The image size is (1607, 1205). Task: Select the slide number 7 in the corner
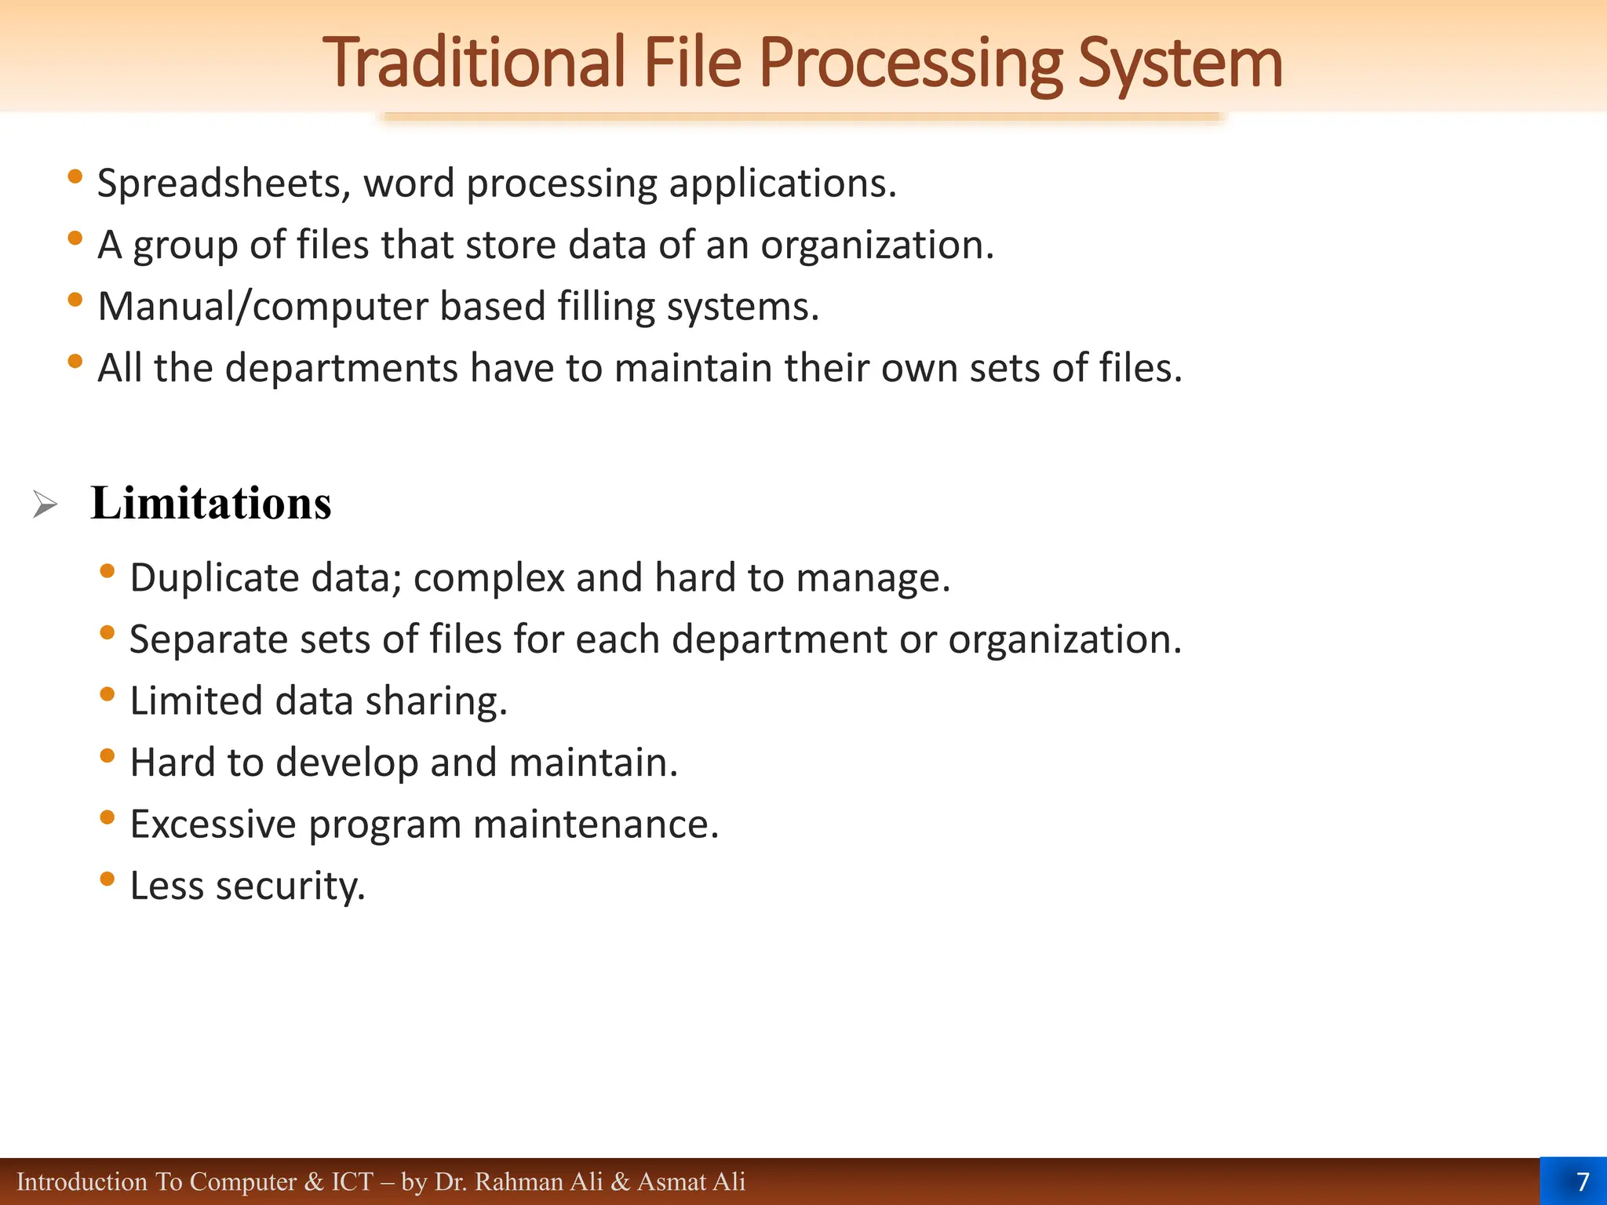coord(1582,1181)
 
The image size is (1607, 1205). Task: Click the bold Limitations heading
coord(211,503)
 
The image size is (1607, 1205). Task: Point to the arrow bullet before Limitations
coord(45,504)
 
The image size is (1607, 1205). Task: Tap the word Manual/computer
coord(262,306)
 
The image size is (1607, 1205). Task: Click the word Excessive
coord(213,825)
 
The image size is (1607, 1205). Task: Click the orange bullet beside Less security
coord(107,879)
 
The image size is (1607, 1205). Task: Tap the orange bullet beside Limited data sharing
coord(107,694)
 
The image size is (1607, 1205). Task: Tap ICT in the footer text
coord(352,1181)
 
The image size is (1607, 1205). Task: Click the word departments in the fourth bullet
coord(341,368)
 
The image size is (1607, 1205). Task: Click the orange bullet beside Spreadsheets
coord(75,177)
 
